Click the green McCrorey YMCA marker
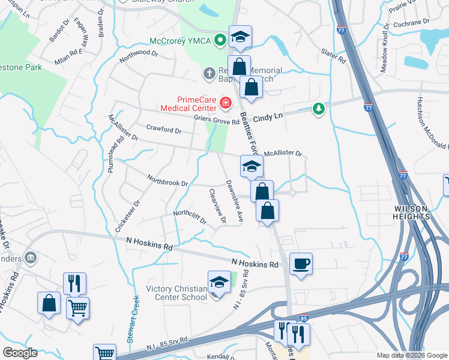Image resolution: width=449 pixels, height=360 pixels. tap(220, 41)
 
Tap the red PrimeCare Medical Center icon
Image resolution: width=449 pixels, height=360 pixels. tap(226, 104)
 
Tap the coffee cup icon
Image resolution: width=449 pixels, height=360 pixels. tap(300, 263)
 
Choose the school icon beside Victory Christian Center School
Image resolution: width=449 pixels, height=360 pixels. tap(220, 283)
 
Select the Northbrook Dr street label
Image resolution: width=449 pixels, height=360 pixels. tap(168, 179)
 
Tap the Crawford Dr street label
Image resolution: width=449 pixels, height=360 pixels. tap(163, 130)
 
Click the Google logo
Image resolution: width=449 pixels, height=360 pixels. tap(20, 353)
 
